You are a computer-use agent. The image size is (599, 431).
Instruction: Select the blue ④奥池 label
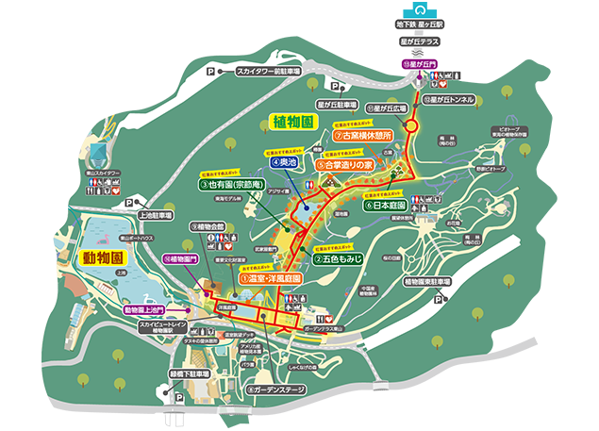[283, 161]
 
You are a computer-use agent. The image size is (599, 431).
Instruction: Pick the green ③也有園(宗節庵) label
[232, 185]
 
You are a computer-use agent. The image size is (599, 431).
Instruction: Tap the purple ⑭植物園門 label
[181, 257]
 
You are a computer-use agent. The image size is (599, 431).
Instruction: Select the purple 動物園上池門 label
[144, 309]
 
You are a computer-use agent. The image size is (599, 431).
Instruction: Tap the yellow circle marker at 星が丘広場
[412, 126]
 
